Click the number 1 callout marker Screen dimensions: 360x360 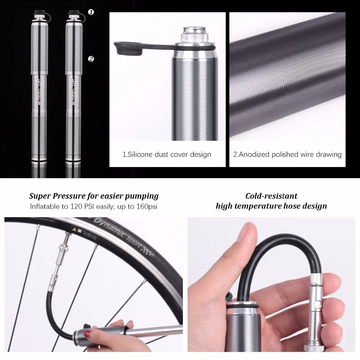tap(91, 12)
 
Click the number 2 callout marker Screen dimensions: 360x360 tap(91, 59)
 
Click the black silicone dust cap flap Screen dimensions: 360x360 tap(130, 49)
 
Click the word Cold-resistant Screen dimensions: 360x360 tap(271, 196)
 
